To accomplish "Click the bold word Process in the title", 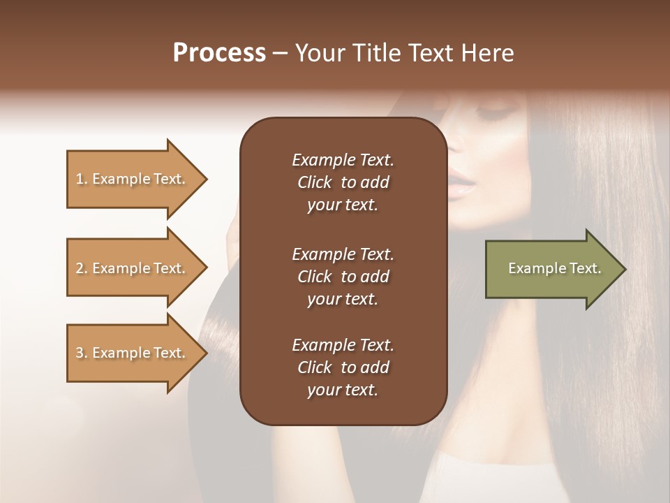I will pos(219,53).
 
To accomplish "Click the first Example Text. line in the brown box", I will pos(343,160).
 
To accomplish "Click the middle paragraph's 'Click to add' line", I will pos(343,277).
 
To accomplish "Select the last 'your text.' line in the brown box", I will pos(343,391).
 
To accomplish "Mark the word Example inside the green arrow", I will pos(531,268).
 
